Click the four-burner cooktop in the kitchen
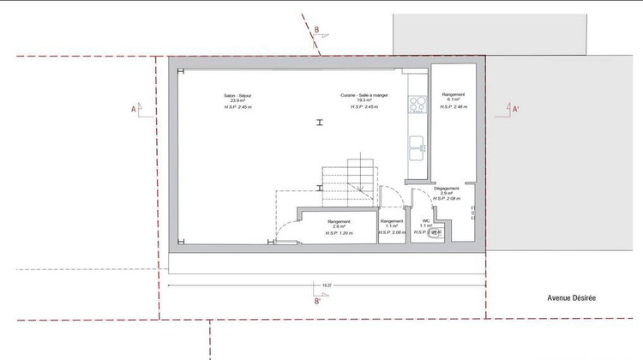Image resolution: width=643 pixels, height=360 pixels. [x=418, y=105]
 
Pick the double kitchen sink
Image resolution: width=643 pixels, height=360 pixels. [x=418, y=147]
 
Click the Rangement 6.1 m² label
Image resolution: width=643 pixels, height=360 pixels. [x=453, y=94]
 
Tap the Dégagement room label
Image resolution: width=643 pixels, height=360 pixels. [x=447, y=189]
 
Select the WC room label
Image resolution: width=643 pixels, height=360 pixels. [x=426, y=220]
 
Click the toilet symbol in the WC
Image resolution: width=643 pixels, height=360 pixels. [x=435, y=231]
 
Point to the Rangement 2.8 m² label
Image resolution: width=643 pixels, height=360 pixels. [x=339, y=221]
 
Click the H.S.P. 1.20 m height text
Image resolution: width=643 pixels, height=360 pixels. [x=339, y=232]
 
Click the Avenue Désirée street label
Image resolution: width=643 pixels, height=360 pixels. [x=572, y=297]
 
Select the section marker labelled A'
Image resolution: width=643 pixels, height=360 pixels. [x=515, y=110]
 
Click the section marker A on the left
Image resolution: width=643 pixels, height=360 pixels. [x=133, y=110]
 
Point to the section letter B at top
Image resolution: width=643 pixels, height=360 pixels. [x=316, y=31]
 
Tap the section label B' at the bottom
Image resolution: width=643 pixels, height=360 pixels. [x=317, y=302]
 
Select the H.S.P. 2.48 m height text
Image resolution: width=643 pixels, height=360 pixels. [x=453, y=107]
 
